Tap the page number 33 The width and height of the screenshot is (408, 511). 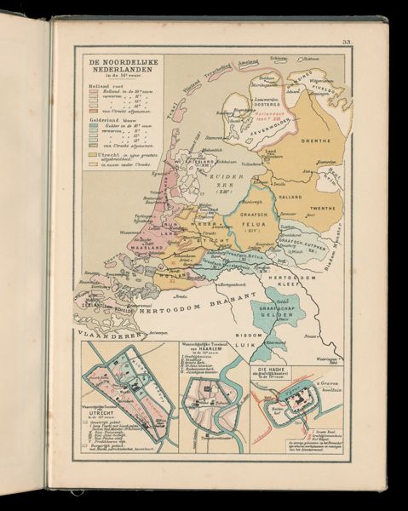click(346, 41)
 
